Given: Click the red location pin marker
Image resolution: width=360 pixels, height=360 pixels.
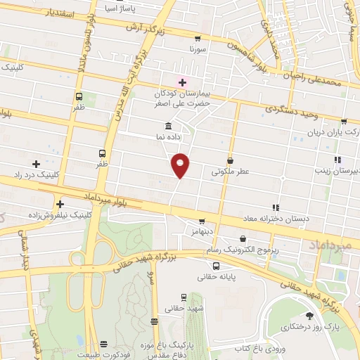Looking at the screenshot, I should [180, 165].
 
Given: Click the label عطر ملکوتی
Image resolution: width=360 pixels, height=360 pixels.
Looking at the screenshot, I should [229, 171].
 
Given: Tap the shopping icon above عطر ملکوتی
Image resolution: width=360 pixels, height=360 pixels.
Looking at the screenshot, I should [230, 161].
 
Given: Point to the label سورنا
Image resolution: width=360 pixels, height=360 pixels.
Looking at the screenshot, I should [197, 51].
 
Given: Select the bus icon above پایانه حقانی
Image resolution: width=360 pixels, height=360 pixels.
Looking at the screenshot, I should [216, 266].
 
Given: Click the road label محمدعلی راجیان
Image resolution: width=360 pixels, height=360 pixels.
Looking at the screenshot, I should [314, 84].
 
